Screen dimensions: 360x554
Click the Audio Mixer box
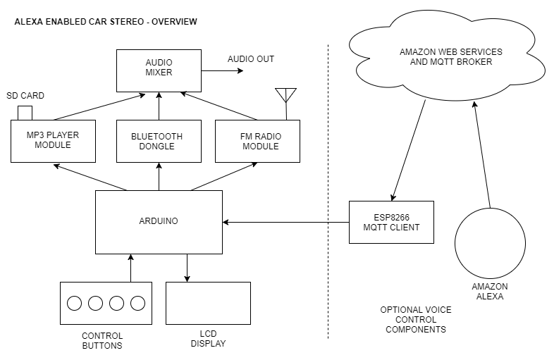[x=159, y=70]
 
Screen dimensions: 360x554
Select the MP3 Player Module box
[x=53, y=141]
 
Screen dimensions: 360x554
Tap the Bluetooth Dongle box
[x=159, y=141]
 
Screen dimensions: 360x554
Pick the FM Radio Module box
[x=257, y=141]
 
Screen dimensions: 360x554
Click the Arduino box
[x=159, y=221]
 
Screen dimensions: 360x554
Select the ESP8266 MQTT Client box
[x=391, y=222]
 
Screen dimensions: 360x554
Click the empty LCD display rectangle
[x=208, y=303]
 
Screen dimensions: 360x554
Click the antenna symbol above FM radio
[x=285, y=96]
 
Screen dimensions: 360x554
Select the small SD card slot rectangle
[x=25, y=113]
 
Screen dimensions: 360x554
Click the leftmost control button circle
[x=74, y=303]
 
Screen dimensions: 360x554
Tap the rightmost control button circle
[x=137, y=303]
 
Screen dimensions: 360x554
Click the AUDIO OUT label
[x=250, y=59]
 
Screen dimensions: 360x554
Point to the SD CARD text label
[x=26, y=95]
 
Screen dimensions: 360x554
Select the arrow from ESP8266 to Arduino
[x=285, y=222]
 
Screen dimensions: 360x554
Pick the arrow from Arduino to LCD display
[x=187, y=268]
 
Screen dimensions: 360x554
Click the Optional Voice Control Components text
[x=416, y=319]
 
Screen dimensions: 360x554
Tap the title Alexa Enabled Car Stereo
[x=106, y=22]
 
